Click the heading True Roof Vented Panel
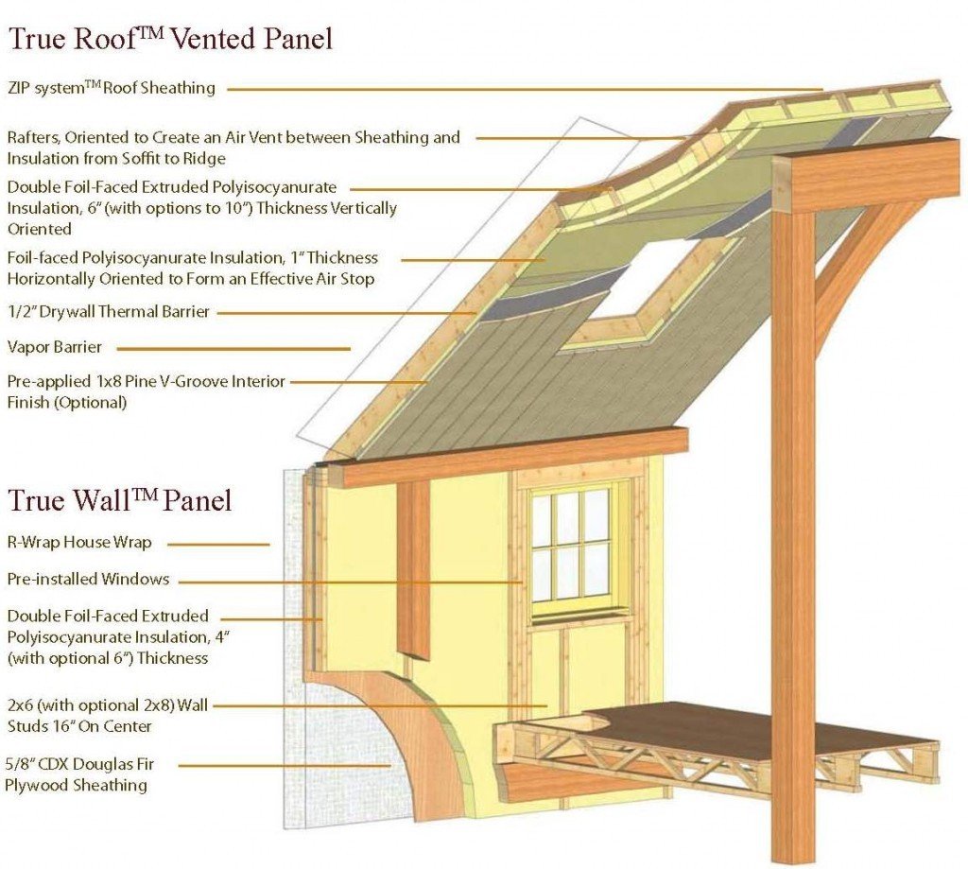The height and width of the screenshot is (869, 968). tap(170, 38)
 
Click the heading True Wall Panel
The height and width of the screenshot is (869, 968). tap(120, 499)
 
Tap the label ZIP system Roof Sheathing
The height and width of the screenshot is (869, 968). tap(112, 88)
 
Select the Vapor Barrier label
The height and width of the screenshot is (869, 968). tap(54, 347)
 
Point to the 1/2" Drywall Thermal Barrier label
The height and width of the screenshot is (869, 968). tap(109, 312)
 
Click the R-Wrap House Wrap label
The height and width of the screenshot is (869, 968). tap(79, 543)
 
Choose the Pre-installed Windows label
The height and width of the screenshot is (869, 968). tap(88, 580)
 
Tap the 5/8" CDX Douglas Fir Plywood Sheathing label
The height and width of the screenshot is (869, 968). tap(79, 774)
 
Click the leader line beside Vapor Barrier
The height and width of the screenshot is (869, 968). tap(233, 349)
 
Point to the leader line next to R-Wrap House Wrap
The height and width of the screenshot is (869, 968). tap(218, 545)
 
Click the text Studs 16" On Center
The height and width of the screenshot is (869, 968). tap(79, 726)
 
